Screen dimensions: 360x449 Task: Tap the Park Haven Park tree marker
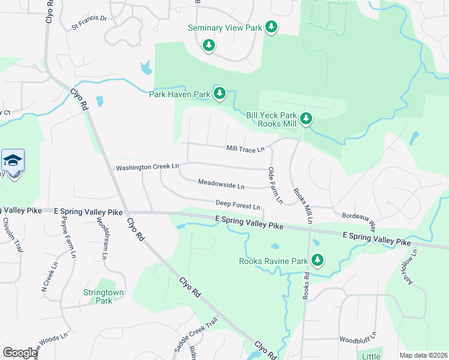click(x=220, y=93)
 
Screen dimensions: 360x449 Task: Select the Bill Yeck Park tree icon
click(x=306, y=118)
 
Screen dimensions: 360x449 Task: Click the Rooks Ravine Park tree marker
click(x=317, y=260)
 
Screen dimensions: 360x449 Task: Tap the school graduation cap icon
click(x=13, y=161)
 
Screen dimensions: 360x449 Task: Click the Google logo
click(x=20, y=353)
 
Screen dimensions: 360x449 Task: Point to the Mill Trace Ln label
click(x=245, y=149)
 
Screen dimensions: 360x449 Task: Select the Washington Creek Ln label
click(x=148, y=167)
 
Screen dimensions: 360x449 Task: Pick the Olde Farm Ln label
click(x=276, y=185)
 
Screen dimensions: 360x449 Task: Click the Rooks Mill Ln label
click(x=303, y=206)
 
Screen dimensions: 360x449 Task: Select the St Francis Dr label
click(x=89, y=22)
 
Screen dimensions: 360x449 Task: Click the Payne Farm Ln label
click(x=67, y=238)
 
